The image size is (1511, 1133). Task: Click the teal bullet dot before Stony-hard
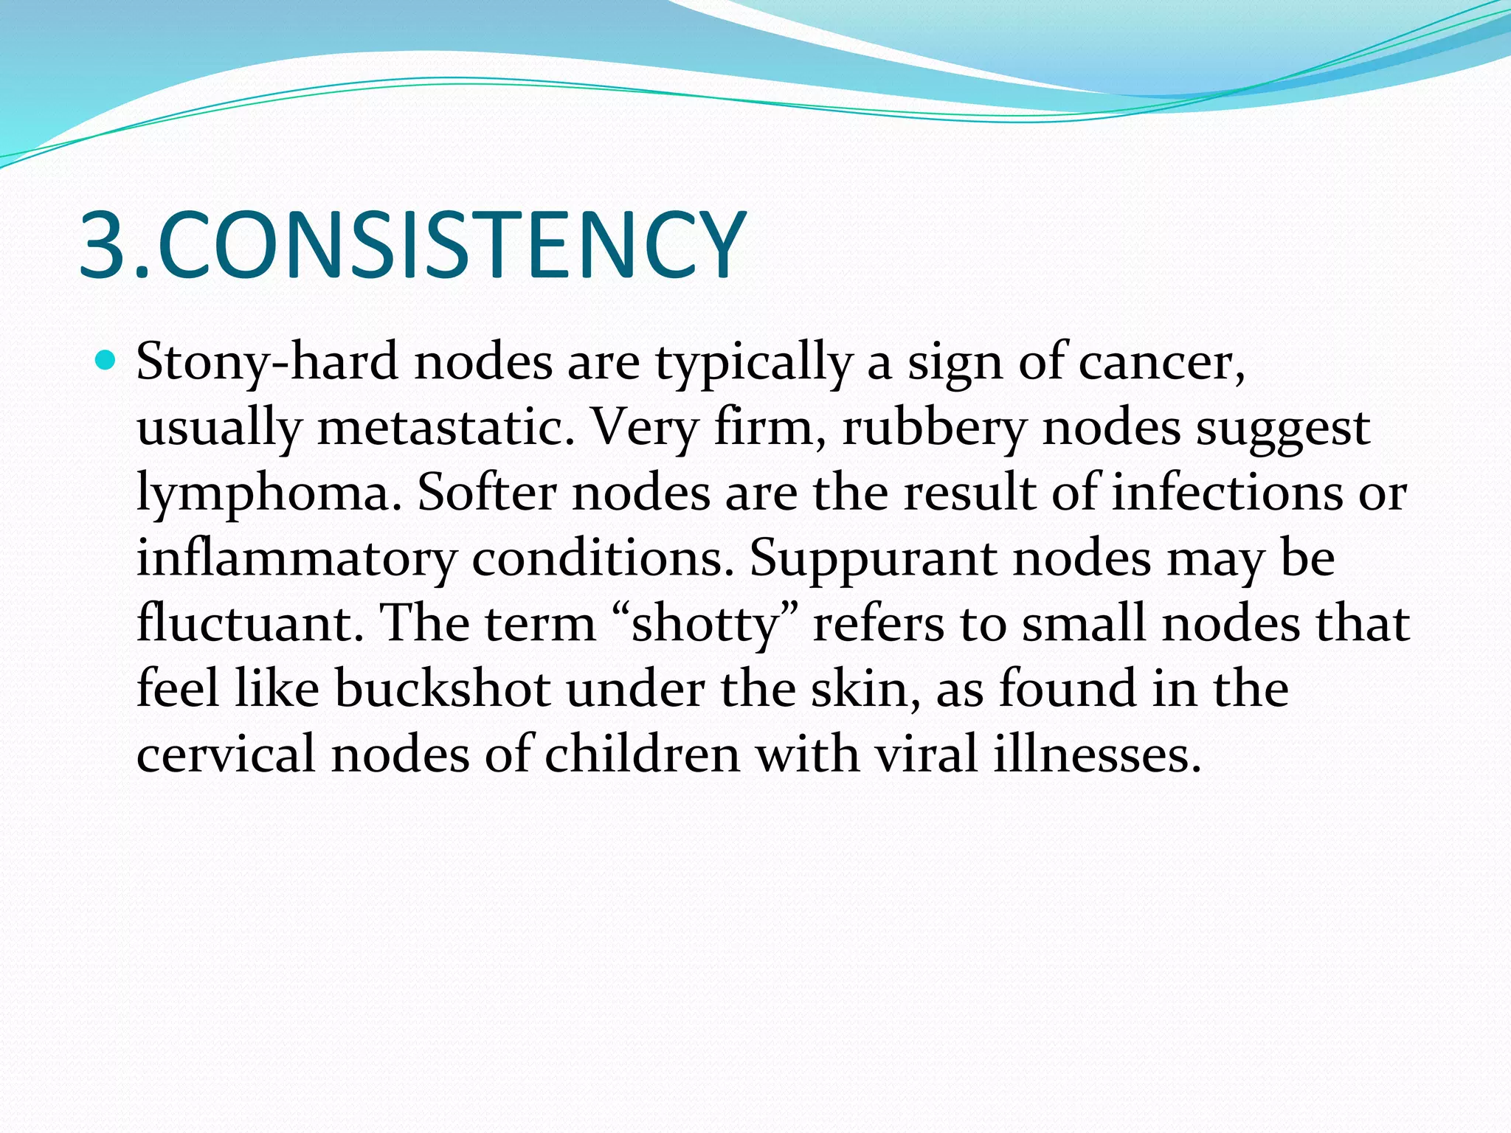(107, 361)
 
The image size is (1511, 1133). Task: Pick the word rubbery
(934, 429)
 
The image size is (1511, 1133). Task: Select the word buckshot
(443, 689)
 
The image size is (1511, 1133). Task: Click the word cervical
(226, 754)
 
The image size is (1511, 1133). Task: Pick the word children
(642, 754)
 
